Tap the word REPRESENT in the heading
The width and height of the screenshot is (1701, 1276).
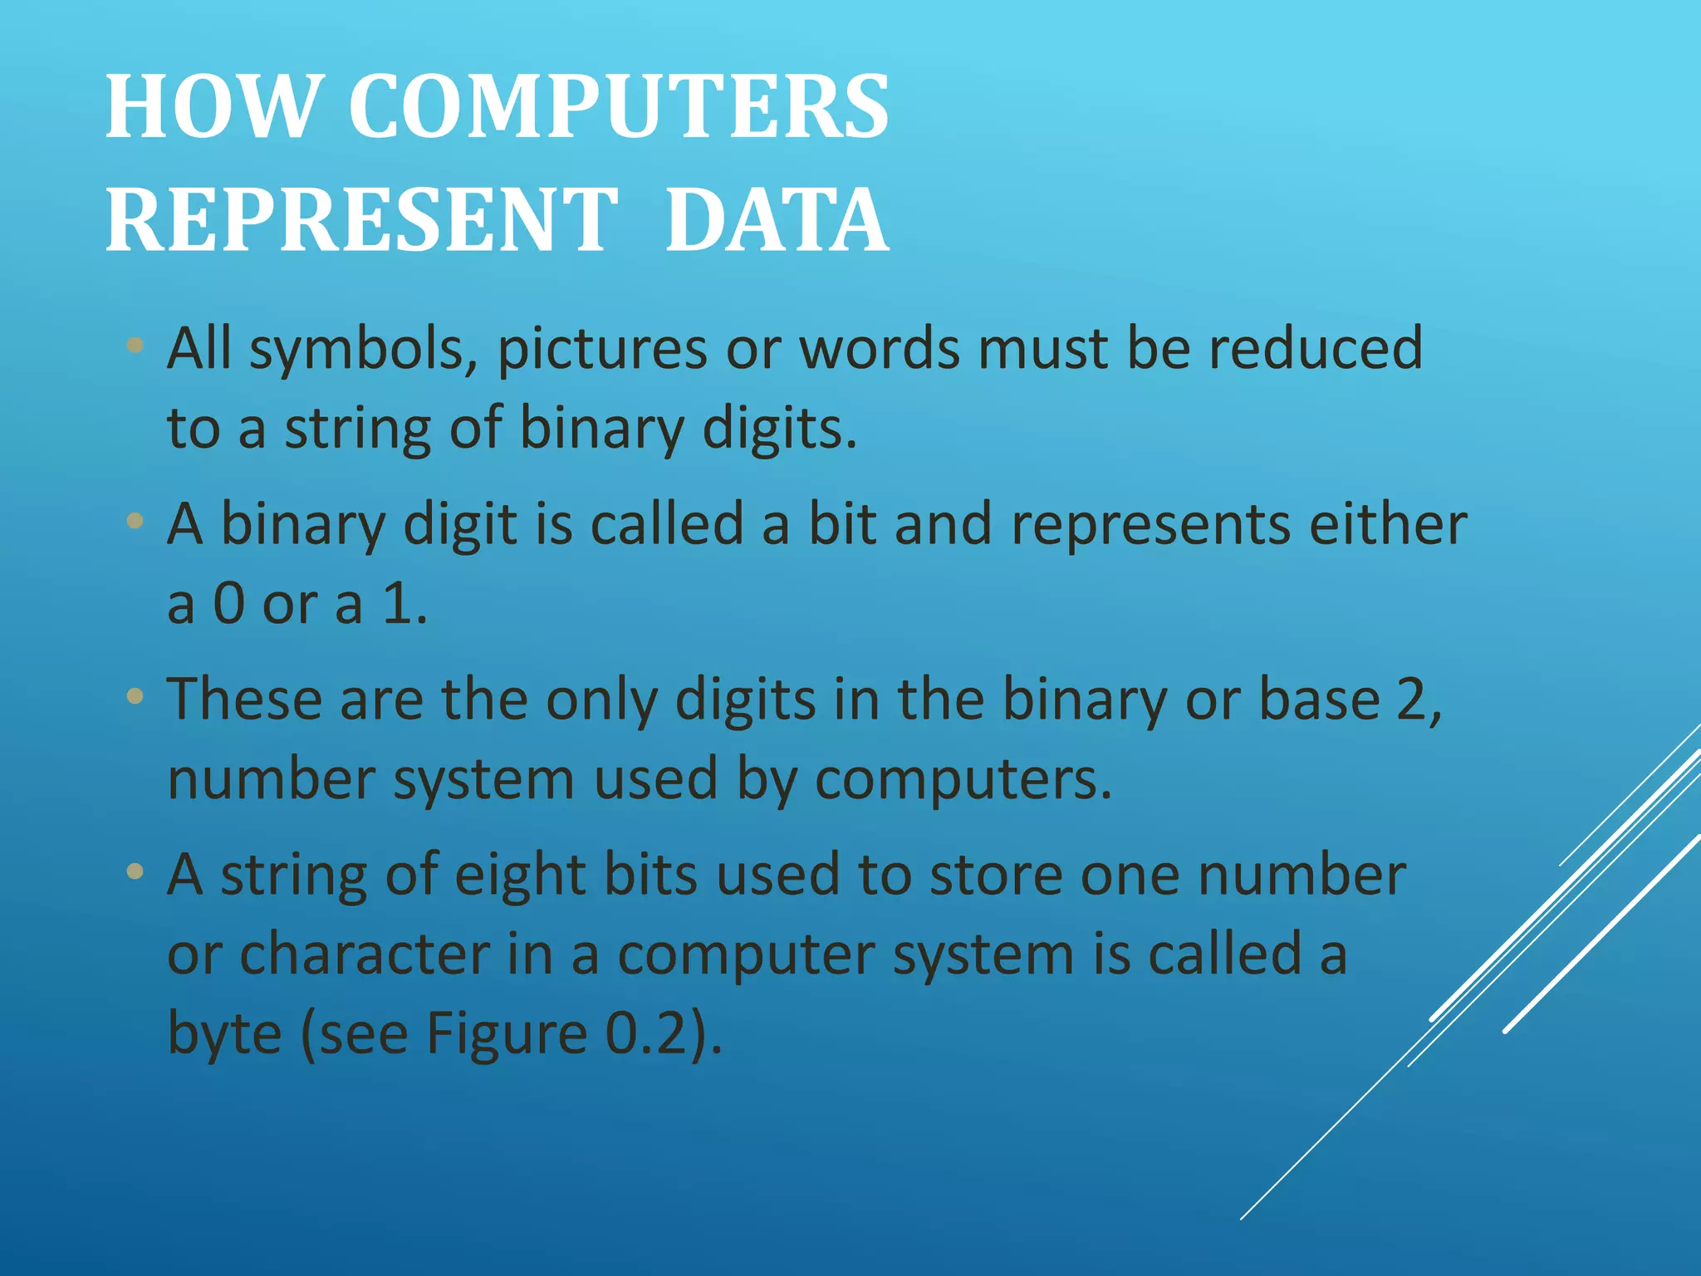(361, 220)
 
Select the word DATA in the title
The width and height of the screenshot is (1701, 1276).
(777, 220)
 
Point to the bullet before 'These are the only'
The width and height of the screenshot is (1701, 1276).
(135, 695)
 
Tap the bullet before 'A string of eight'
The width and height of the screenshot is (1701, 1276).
(135, 871)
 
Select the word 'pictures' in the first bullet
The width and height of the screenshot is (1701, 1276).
(602, 349)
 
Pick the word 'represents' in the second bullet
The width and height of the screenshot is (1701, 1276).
(1150, 525)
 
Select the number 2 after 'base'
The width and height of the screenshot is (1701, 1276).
(1412, 699)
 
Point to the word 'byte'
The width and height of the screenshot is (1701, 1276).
(224, 1034)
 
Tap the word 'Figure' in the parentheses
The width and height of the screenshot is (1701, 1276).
(506, 1034)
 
